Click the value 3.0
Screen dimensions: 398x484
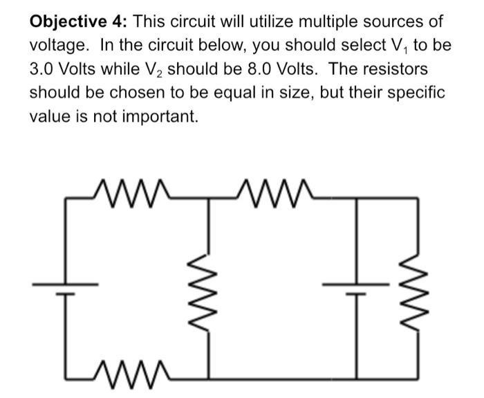42,70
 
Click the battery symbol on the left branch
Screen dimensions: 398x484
66,289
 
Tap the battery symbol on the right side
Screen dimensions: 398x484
357,289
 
